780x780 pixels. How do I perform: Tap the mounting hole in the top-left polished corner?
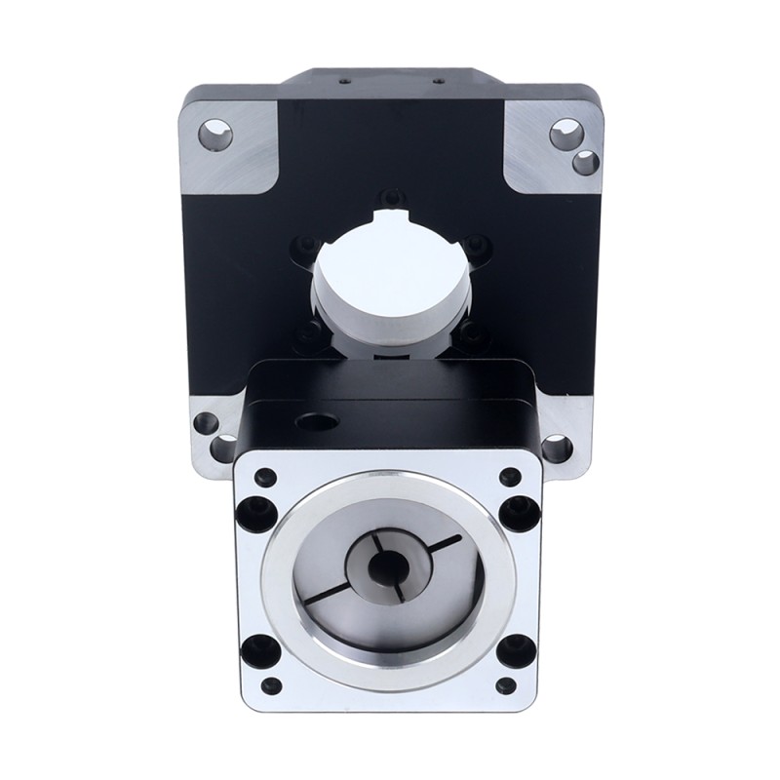[216, 135]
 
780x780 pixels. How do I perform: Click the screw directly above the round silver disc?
[390, 194]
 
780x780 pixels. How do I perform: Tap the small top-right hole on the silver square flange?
[507, 477]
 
